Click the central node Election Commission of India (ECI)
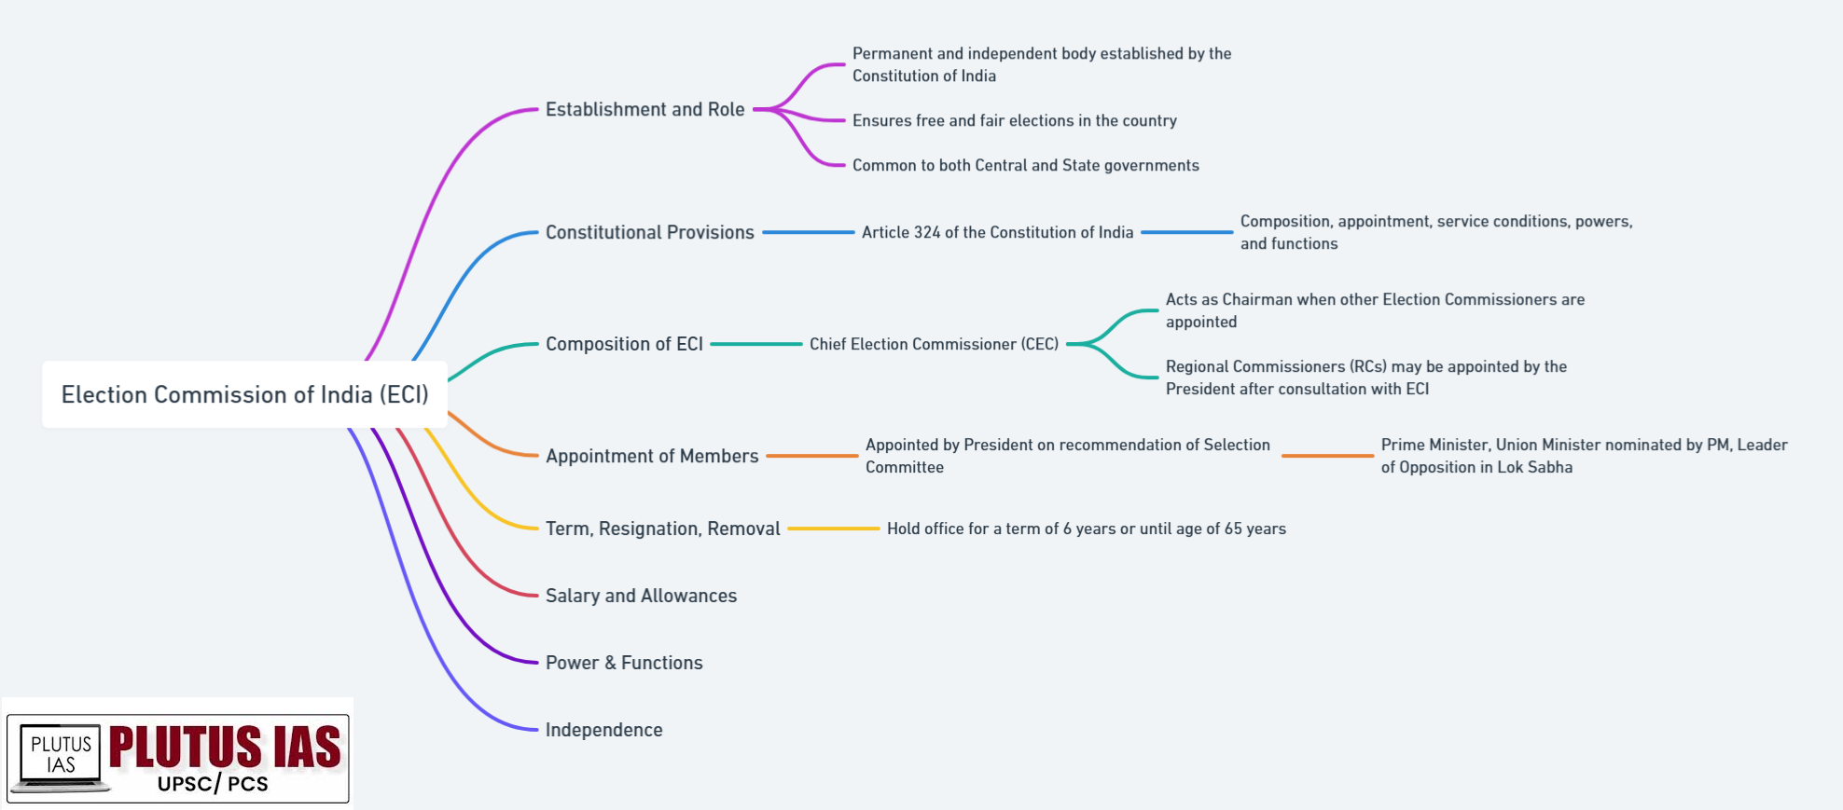coord(244,394)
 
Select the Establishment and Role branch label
coord(644,109)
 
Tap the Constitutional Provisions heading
coord(649,232)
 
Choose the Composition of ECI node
coord(624,344)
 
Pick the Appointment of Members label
coord(652,456)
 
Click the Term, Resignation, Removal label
coord(662,529)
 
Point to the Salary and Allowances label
coord(641,596)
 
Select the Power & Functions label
coord(624,663)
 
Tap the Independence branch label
coord(603,730)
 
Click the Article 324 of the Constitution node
coord(997,232)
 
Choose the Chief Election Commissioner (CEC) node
coord(934,344)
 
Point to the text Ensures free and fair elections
coord(1014,120)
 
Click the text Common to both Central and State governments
coord(1025,165)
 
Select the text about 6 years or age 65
coord(1086,529)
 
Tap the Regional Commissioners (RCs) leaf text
coord(1365,378)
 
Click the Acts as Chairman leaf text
coord(1375,310)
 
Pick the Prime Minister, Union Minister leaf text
coord(1584,456)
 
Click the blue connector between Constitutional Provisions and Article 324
coord(808,232)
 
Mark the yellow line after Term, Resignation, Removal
coord(833,529)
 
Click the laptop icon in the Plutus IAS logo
coord(60,757)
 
